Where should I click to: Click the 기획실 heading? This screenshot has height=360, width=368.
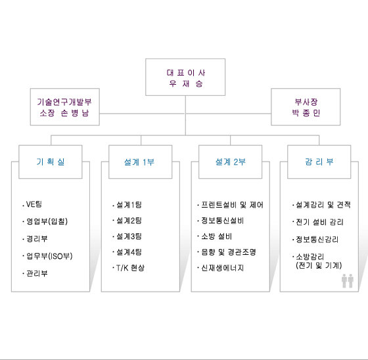pos(51,162)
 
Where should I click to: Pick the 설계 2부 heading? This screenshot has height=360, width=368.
pos(230,162)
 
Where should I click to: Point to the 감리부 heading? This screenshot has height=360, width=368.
pos(319,162)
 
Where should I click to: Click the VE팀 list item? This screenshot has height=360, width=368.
pos(32,204)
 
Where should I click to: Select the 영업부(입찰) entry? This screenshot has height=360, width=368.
pos(45,221)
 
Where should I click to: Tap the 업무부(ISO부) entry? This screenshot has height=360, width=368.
pos(47,256)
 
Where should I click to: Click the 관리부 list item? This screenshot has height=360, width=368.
pos(35,273)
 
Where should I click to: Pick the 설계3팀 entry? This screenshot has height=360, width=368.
pos(127,236)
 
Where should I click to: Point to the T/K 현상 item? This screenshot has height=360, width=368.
pos(128,268)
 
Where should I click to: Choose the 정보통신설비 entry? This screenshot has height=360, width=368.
pos(221,221)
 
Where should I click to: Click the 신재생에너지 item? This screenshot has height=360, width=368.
pos(221,268)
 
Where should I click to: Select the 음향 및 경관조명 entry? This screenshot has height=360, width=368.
pos(227,252)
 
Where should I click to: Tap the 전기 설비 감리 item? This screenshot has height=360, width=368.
pos(318,222)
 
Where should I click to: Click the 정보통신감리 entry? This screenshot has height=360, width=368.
pos(315,239)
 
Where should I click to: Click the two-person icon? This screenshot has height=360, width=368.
pos(348,281)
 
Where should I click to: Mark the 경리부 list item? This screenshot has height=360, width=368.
pos(35,238)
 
